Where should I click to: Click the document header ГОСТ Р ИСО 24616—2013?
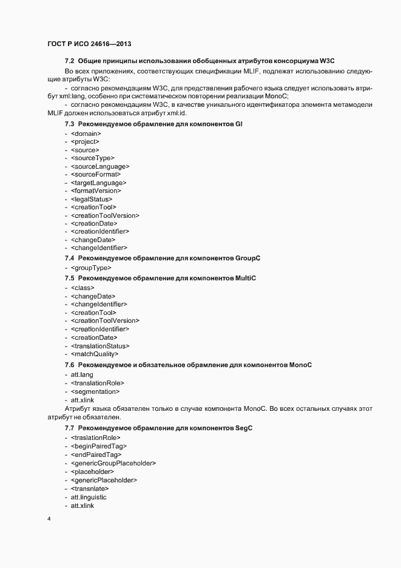(x=89, y=44)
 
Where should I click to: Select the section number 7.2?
(x=69, y=61)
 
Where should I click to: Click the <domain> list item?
(x=86, y=133)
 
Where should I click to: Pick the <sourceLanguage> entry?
(x=100, y=166)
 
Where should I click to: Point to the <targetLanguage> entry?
(x=98, y=182)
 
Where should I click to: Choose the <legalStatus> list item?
(x=92, y=198)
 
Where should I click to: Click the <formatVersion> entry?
(x=96, y=191)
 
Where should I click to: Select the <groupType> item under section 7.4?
(x=91, y=268)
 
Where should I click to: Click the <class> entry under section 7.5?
(x=83, y=288)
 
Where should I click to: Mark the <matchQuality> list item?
(x=95, y=354)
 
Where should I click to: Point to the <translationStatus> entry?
(x=100, y=345)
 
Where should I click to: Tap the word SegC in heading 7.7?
(x=243, y=428)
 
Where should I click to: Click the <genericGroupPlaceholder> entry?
(x=113, y=463)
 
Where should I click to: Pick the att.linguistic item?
(x=88, y=497)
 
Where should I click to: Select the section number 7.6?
(x=69, y=365)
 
